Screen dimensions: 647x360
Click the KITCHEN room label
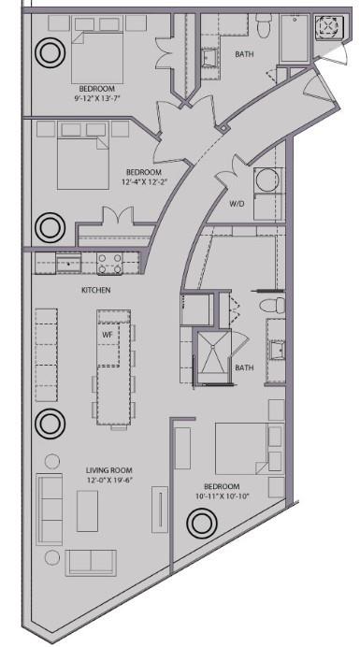click(x=95, y=291)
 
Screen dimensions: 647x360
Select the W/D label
click(x=238, y=203)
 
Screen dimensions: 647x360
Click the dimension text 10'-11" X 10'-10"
click(x=222, y=497)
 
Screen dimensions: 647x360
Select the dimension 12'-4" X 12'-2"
click(x=143, y=182)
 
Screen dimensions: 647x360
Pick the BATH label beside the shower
click(x=245, y=367)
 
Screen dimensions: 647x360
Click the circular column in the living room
click(x=47, y=424)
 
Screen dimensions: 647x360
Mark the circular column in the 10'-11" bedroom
click(x=199, y=524)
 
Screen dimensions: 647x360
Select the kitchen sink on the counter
click(x=68, y=263)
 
